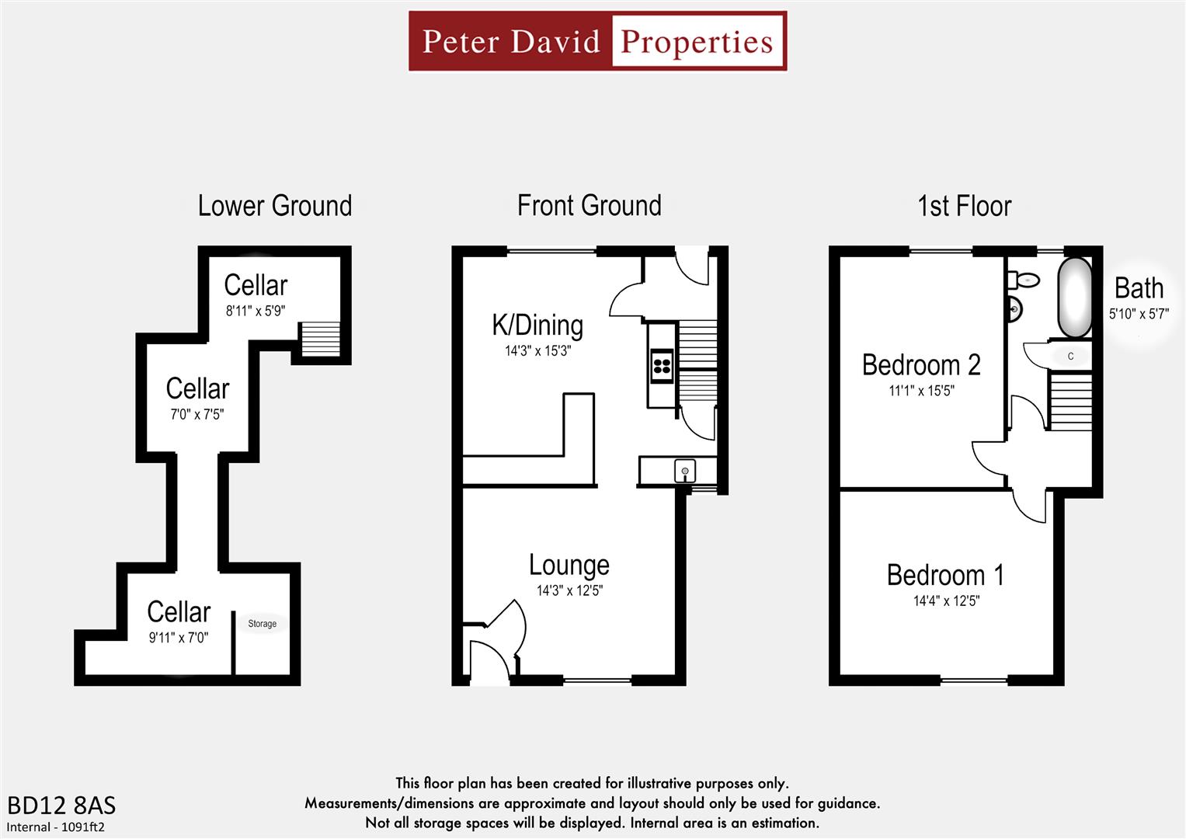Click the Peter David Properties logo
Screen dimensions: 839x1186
[x=597, y=41]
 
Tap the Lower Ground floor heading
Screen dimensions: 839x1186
[x=275, y=206]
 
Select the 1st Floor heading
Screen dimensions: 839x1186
[x=964, y=206]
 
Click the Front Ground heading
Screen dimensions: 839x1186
[x=589, y=206]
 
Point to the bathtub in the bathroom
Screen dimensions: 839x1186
[x=1076, y=297]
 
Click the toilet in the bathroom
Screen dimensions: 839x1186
[x=1024, y=280]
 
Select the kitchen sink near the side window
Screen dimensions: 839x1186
[x=684, y=470]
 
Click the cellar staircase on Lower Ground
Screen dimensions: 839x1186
[x=320, y=339]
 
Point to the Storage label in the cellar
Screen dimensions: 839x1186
[x=262, y=624]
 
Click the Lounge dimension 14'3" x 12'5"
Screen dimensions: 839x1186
[x=569, y=590]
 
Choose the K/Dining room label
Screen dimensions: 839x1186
[x=537, y=326]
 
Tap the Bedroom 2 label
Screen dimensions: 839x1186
[x=921, y=365]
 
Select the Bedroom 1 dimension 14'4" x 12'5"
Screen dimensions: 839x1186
[x=945, y=601]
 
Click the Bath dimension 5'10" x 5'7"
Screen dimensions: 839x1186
[x=1139, y=314]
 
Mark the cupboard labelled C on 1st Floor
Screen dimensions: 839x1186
[x=1070, y=356]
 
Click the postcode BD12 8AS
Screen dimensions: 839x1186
[x=61, y=805]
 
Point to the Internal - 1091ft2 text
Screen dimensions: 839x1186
[x=56, y=827]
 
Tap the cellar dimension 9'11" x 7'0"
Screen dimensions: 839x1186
[x=178, y=638]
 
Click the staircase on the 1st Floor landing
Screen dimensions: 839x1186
[x=1070, y=401]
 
